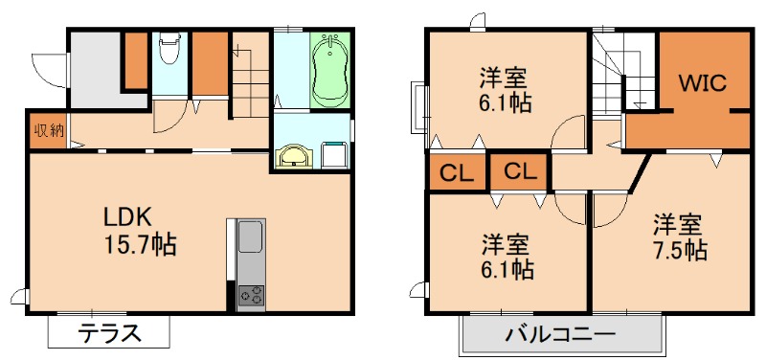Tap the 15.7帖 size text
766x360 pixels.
tap(139, 245)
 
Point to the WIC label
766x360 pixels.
tap(703, 81)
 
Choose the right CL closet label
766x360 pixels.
tap(519, 172)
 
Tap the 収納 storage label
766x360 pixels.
tap(45, 131)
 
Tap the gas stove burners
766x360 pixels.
tap(251, 296)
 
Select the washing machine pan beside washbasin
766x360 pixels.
tap(335, 154)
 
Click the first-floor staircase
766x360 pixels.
tap(252, 81)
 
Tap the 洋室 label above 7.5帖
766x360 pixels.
tap(678, 226)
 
